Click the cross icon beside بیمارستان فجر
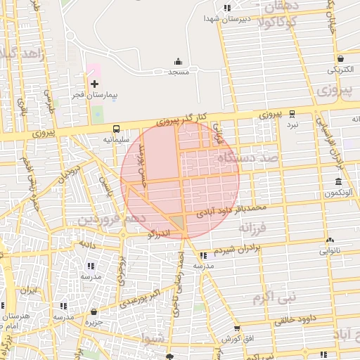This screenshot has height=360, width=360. [x=95, y=84]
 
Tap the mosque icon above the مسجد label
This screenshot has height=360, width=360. [x=178, y=61]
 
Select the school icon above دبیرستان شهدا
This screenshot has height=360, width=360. [x=226, y=8]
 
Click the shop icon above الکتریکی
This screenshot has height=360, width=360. [x=341, y=59]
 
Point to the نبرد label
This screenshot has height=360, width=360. [x=291, y=124]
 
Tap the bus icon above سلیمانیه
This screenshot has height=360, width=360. [x=116, y=129]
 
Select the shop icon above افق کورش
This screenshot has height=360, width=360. [x=236, y=328]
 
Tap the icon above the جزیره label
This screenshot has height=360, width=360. [x=94, y=312]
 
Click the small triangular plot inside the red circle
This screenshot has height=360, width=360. [x=179, y=223]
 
